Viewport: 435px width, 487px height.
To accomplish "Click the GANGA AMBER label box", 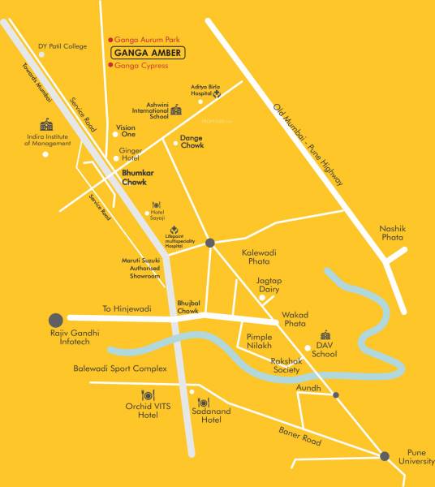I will click(148, 53).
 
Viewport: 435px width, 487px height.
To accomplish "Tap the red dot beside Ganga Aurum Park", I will click(110, 40).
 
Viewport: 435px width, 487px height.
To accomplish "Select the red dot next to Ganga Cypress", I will click(110, 65).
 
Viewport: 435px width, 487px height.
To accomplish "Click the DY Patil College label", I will click(62, 46).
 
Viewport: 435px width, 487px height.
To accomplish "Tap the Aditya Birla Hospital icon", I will click(217, 93).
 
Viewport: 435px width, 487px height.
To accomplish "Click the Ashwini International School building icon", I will click(176, 110).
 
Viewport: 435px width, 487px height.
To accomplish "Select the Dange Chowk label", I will click(192, 142).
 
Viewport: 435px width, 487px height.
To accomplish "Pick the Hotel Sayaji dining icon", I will click(157, 205).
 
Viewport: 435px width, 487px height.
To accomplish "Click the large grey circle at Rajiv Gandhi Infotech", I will click(55, 319).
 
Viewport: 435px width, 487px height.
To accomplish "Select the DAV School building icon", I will click(325, 335).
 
